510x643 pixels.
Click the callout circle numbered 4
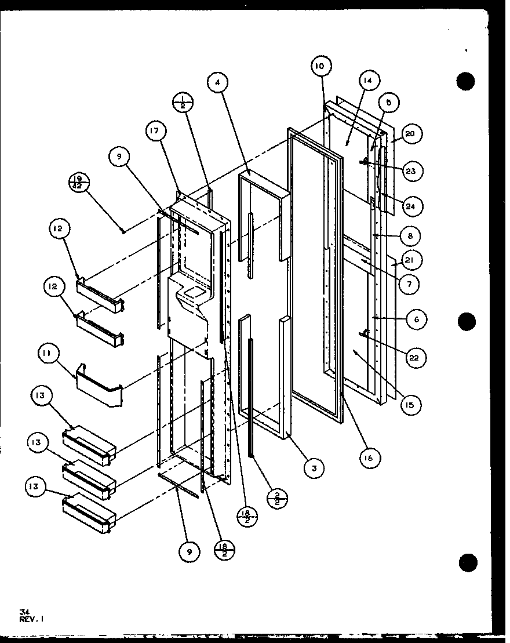click(x=217, y=83)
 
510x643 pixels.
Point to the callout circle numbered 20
click(x=410, y=134)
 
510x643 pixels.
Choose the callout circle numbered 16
click(x=369, y=457)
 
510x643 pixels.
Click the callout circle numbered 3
click(x=314, y=468)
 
